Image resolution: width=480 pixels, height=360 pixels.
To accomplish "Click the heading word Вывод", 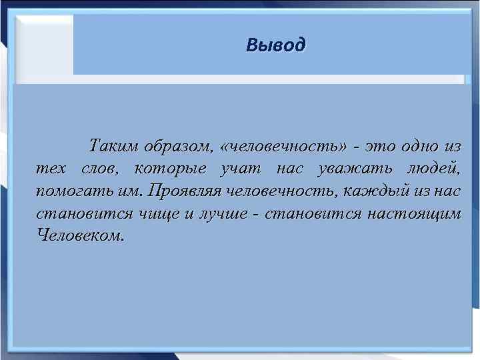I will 275,45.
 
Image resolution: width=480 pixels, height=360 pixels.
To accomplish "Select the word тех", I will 49,168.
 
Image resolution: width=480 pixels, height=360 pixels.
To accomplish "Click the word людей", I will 433,168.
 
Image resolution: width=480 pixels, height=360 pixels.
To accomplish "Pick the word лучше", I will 212,213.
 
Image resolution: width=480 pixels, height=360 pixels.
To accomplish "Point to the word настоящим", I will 418,213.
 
